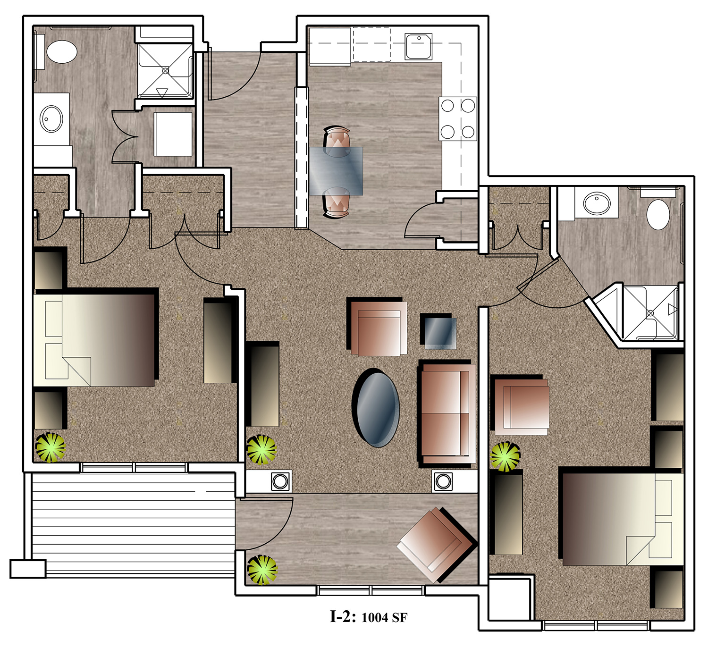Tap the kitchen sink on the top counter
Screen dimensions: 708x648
tap(418, 46)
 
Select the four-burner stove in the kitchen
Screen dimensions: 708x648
tap(457, 118)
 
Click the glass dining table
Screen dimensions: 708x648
tap(336, 171)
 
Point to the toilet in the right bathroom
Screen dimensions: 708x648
tap(658, 215)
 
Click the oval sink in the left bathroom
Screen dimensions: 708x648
tap(51, 119)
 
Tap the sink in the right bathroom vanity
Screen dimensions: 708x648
tap(597, 203)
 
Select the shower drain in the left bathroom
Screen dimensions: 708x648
tap(165, 71)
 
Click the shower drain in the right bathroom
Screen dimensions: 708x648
tap(650, 313)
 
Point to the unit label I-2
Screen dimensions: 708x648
tap(342, 617)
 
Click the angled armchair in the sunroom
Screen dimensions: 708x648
tap(437, 545)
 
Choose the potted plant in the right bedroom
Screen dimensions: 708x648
tap(505, 456)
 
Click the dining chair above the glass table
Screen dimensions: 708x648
tap(337, 141)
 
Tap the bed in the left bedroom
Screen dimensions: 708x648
tap(94, 340)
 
